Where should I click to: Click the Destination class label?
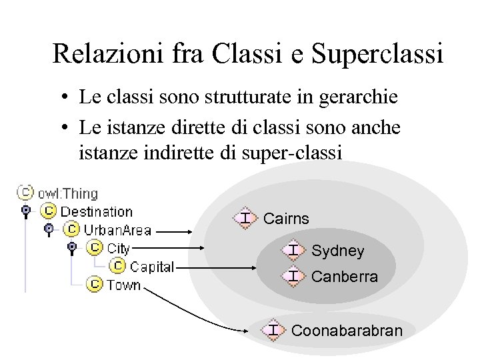tap(97, 211)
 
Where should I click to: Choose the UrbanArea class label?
tap(117, 230)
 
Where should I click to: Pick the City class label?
tap(119, 249)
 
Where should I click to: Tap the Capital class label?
tap(152, 267)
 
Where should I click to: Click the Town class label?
tap(124, 285)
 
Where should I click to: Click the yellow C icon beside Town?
tap(95, 285)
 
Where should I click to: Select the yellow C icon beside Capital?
tap(118, 267)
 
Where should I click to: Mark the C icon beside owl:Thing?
tap(25, 193)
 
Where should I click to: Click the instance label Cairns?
tap(287, 219)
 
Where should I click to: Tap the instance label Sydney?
tap(338, 251)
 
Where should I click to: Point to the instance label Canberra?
tap(345, 276)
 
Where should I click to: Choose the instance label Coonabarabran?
tap(347, 331)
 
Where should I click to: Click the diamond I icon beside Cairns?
tap(245, 218)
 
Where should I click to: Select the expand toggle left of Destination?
tap(26, 211)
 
